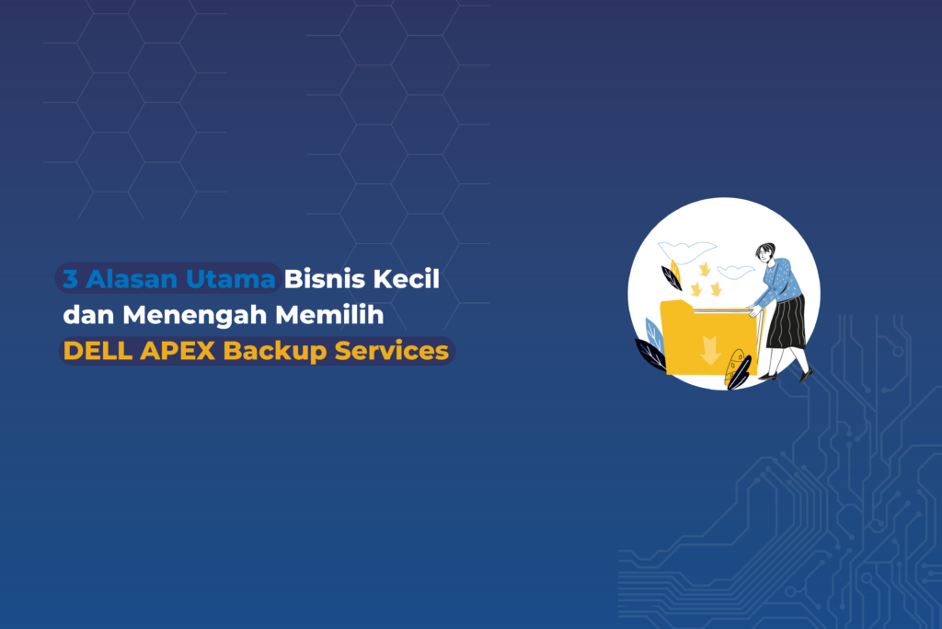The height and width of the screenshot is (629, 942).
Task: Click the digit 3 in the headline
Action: (70, 279)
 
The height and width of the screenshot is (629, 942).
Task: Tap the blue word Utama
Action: (231, 279)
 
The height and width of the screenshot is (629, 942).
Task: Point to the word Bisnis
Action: (325, 279)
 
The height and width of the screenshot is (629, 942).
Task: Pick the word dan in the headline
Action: (88, 315)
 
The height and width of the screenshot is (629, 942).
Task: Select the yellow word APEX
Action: (178, 351)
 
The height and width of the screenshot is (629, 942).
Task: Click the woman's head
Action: (765, 252)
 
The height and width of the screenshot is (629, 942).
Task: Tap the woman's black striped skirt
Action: (786, 321)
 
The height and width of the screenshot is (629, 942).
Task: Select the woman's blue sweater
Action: (780, 282)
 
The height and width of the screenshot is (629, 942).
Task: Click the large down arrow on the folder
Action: (709, 350)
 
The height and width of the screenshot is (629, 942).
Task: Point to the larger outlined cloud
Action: (687, 250)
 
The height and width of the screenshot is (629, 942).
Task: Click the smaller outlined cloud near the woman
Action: (735, 271)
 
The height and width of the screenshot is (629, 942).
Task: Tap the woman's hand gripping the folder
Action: (753, 311)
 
